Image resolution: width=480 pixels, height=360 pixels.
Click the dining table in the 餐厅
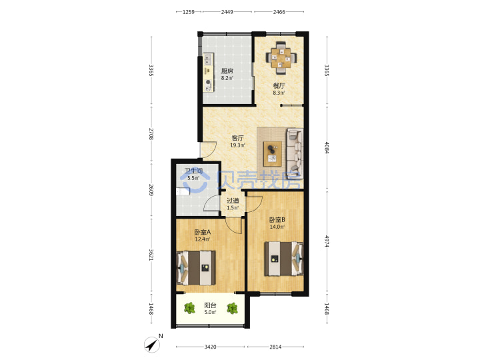pos(281,57)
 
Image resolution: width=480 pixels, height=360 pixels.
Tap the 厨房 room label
pos(227,71)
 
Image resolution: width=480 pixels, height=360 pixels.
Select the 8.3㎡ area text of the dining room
pos(279,93)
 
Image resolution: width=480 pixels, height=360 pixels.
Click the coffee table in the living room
pos(273,154)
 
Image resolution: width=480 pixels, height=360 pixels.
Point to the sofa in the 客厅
pos(295,154)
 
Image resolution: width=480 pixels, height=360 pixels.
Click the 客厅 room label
pos(237,138)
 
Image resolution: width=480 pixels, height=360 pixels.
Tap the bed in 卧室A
pos(196,268)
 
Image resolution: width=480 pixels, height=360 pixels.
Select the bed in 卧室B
pos(284,259)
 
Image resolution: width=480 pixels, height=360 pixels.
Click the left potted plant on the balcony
pos(190,308)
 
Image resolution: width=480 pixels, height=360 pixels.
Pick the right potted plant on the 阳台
pos(232,308)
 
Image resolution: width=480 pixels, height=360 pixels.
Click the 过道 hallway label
pos(233,201)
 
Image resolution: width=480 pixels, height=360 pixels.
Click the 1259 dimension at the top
pos(189,12)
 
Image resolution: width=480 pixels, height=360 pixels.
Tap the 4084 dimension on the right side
pos(327,148)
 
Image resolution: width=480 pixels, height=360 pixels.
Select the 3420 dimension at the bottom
pos(210,347)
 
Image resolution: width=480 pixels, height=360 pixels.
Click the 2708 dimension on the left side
pos(151,134)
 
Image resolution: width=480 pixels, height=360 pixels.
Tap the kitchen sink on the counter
pos(209,59)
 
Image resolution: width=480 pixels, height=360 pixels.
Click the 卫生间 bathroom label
pos(193,171)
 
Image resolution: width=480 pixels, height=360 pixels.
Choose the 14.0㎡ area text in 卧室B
pos(277,227)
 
